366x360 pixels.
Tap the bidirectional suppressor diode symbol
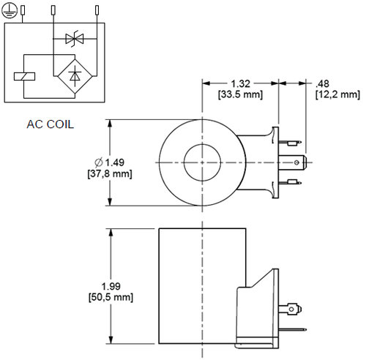click(72, 39)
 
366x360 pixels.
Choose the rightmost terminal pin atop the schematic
click(97, 10)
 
